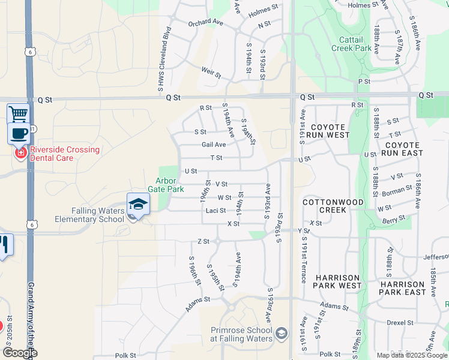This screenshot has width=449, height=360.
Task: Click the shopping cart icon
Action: coord(18,113)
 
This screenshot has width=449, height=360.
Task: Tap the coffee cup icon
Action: coord(19,133)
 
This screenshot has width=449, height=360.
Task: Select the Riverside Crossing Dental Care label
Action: coord(58,154)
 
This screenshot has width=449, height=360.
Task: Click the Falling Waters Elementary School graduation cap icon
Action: coord(138,205)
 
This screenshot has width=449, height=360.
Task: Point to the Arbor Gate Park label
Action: coord(166,185)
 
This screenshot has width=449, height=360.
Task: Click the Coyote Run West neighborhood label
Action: coord(328,131)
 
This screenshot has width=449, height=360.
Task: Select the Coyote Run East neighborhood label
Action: coord(404,149)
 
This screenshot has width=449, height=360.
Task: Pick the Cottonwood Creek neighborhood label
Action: coord(333,206)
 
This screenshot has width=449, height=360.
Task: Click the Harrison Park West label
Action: coord(337,282)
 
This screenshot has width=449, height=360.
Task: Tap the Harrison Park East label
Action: coord(402,288)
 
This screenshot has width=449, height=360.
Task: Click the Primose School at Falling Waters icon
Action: coord(282,333)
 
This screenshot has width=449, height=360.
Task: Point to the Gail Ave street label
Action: coord(214,145)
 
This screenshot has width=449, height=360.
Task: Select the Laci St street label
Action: coord(215,211)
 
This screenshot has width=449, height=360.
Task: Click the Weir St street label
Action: coord(211,73)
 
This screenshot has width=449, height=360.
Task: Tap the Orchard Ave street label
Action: coord(205,22)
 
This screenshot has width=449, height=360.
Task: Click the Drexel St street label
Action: coord(396,322)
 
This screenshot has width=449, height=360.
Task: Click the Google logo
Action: coord(20,353)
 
